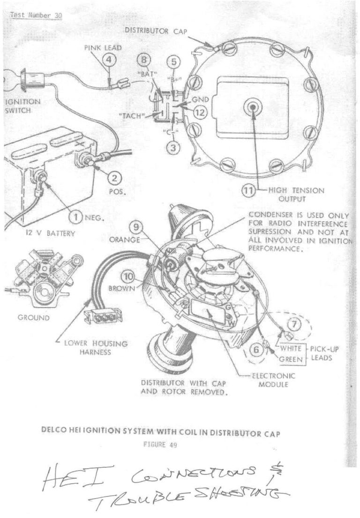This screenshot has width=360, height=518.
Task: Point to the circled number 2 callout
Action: pyautogui.click(x=115, y=178)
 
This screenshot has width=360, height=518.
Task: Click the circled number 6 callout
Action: pyautogui.click(x=256, y=348)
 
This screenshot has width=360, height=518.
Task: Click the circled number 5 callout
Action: pyautogui.click(x=174, y=61)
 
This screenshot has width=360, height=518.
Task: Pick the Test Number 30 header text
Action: pyautogui.click(x=36, y=15)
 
